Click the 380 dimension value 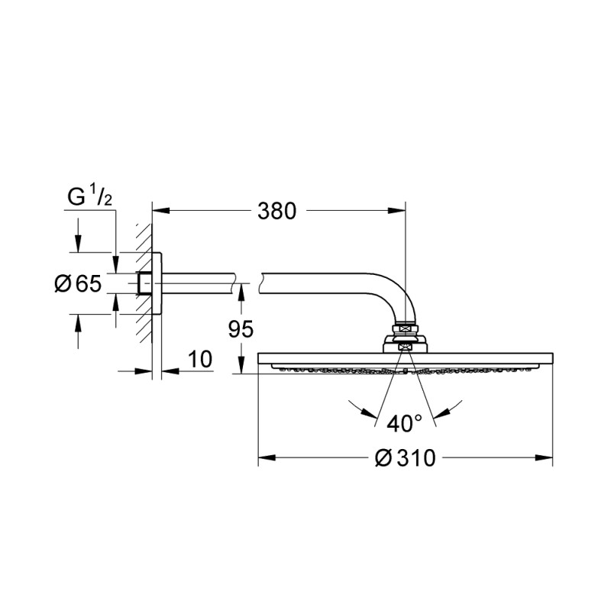[276, 211]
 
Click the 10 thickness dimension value [200, 359]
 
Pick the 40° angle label [404, 422]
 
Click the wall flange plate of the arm [157, 283]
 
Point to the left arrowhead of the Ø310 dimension [263, 459]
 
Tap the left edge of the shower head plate [260, 359]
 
